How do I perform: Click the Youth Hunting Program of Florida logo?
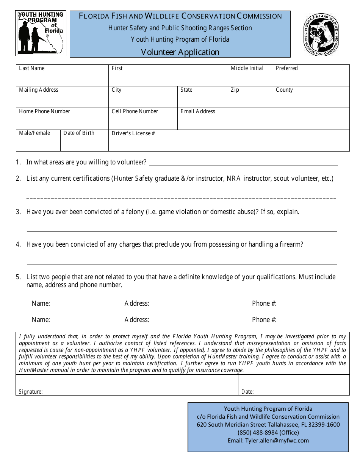41,33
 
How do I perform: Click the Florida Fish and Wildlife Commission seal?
321,34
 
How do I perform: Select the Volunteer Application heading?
180,52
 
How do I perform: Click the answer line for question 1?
243,163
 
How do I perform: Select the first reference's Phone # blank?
308,304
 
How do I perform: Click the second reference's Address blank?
200,320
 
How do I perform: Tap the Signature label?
31,392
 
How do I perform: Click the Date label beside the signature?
247,392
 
